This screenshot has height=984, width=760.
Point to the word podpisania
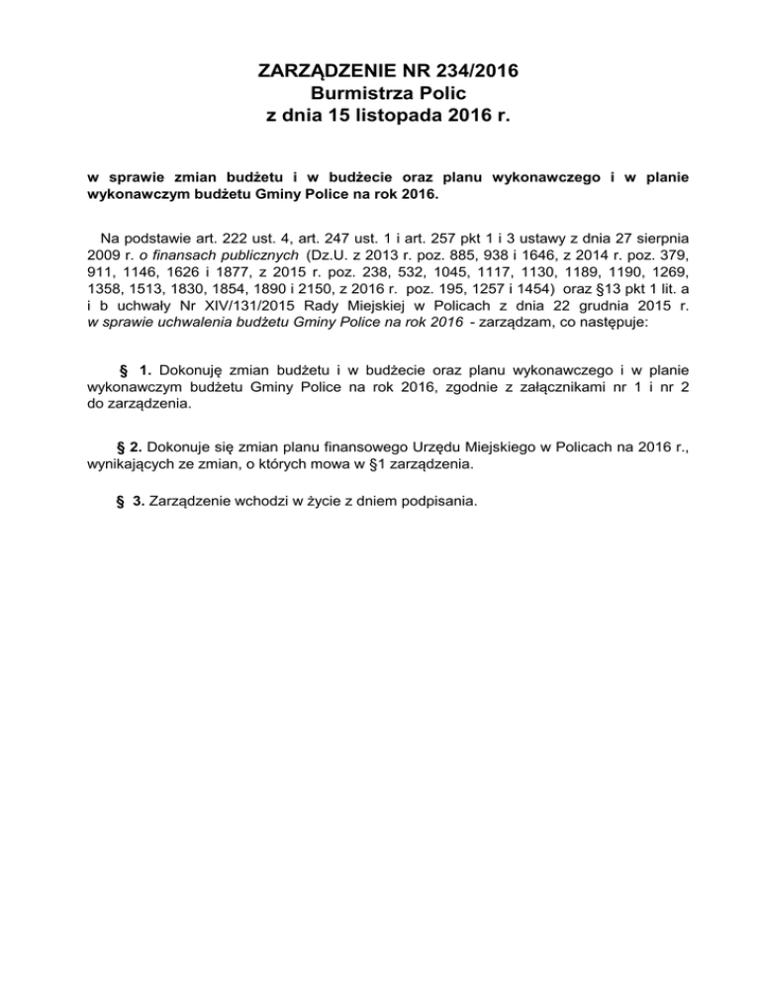tap(436, 500)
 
